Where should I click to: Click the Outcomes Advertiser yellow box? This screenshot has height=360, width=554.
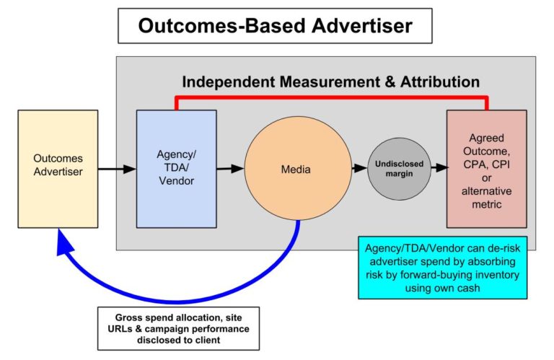58,169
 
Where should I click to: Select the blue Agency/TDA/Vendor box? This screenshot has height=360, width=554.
177,169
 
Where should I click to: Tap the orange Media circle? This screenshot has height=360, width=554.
298,169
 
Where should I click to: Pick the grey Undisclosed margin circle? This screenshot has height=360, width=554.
399,169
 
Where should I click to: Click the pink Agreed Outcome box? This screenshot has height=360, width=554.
486,169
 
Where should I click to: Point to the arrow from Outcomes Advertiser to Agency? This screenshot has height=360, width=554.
117,169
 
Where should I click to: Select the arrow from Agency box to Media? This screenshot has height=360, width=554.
230,169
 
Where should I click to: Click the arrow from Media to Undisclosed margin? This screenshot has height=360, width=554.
360,168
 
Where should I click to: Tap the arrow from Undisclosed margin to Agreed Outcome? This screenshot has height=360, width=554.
439,167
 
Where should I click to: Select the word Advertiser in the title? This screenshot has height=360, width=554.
362,26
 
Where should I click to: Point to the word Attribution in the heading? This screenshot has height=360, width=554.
440,82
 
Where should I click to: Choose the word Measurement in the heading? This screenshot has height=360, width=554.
330,82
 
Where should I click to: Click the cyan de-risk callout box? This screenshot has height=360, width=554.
443,268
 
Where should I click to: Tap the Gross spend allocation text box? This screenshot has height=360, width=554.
178,328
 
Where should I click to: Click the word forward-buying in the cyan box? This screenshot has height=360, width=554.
429,275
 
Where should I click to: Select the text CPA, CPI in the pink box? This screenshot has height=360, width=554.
486,164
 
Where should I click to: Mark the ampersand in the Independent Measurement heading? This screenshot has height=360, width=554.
390,82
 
